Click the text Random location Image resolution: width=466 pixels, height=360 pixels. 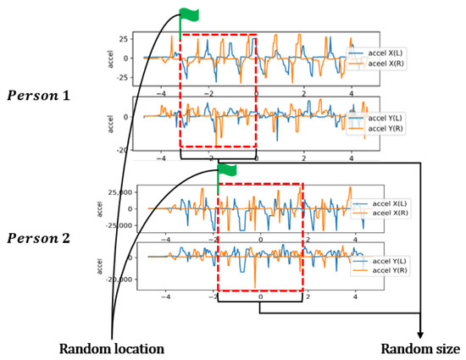[x=112, y=348]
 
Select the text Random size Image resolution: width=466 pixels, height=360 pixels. [x=420, y=348]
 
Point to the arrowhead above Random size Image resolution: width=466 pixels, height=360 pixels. [x=421, y=335]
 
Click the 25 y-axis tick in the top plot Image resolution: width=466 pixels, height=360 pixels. [x=123, y=39]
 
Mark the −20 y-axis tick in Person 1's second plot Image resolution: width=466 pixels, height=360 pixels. [x=120, y=149]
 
